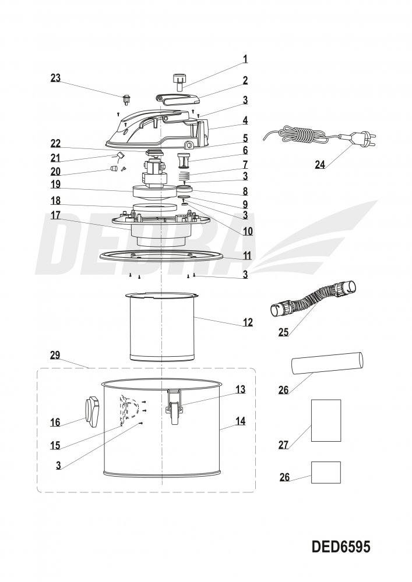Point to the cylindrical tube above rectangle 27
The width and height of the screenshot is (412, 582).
click(326, 366)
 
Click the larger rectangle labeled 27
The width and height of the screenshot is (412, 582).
click(326, 420)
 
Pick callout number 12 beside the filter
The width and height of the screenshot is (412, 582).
click(248, 322)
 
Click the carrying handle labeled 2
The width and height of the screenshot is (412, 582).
click(178, 100)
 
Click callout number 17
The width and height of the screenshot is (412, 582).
click(55, 215)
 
